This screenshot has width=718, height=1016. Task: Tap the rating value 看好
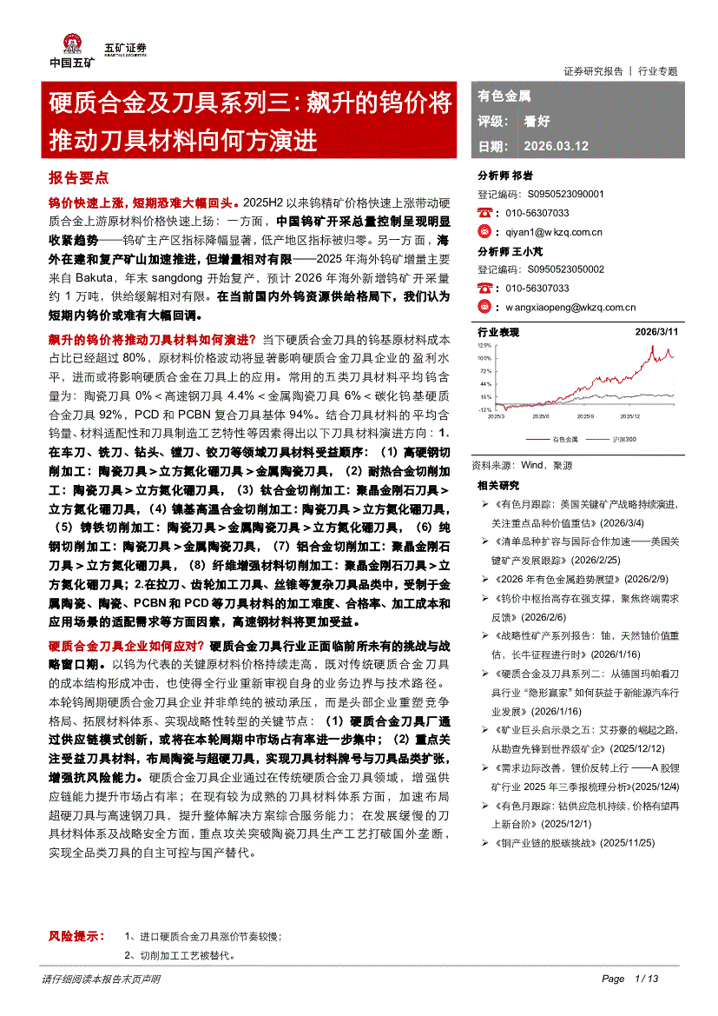(537, 122)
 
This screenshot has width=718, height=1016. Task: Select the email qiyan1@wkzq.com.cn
(553, 231)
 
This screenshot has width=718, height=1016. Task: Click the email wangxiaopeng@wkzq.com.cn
(570, 307)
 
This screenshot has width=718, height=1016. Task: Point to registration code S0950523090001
(565, 195)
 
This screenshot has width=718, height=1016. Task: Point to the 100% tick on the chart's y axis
(484, 358)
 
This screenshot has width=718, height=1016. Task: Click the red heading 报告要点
(78, 177)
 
